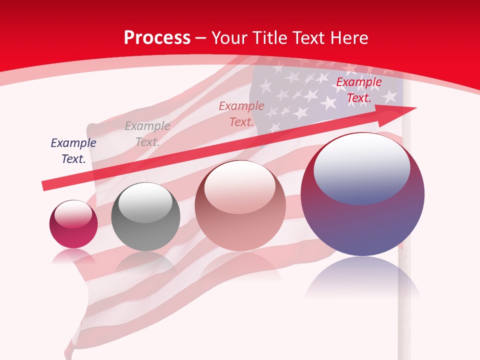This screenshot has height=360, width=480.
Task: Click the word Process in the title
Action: coord(157,38)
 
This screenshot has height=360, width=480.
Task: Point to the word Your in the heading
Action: coord(229,38)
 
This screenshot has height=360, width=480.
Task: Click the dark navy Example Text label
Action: coord(73,151)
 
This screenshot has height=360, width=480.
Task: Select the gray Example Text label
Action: coord(147,134)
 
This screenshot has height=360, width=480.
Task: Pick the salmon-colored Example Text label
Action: coord(241,114)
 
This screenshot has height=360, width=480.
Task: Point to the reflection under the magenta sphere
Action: coord(73,256)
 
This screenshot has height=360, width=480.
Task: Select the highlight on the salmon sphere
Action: coord(240,188)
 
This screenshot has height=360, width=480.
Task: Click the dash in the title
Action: coord(200,38)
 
